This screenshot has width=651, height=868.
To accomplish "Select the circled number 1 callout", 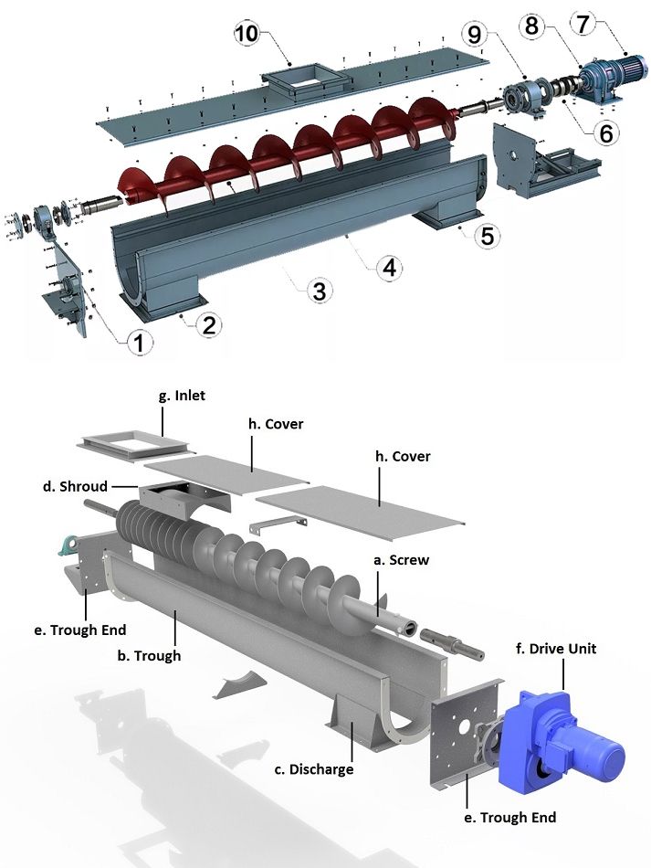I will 138,344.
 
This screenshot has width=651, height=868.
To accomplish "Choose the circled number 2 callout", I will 209,325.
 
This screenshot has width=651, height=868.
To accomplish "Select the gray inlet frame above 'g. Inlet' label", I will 137,441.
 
